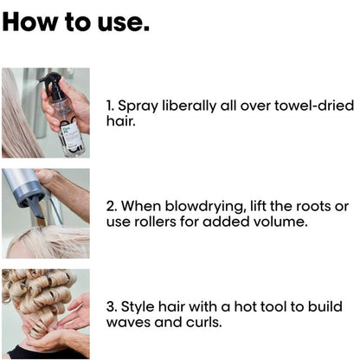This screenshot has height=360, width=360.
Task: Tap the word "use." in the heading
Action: [x=124, y=23]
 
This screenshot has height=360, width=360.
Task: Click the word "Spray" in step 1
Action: [x=138, y=106]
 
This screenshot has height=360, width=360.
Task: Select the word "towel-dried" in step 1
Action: [x=314, y=106]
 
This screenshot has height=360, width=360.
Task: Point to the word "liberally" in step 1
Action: [x=189, y=106]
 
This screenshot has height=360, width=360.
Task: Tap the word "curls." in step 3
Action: [x=204, y=322]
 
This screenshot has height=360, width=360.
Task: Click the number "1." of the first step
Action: [x=111, y=106]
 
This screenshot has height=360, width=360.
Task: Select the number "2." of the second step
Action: [x=112, y=207]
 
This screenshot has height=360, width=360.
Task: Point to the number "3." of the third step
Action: [x=112, y=307]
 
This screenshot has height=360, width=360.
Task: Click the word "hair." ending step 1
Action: [x=121, y=121]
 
